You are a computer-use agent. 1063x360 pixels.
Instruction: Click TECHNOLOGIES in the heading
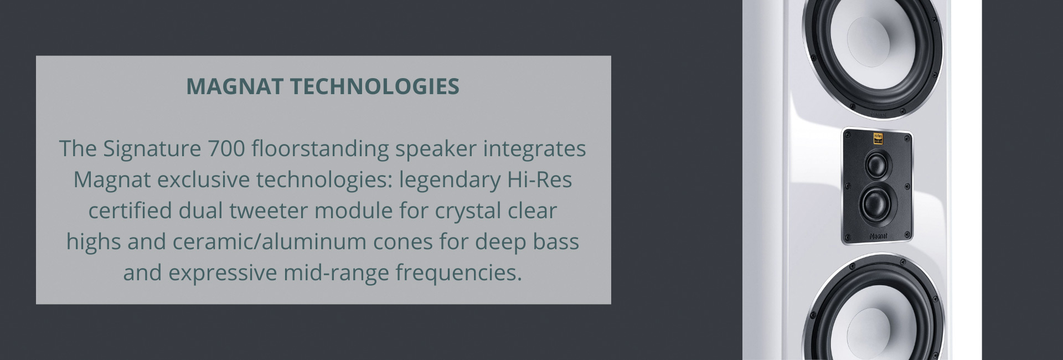click(375, 86)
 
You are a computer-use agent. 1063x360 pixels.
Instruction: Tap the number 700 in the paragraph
click(226, 148)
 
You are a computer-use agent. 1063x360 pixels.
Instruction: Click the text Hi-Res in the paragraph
click(540, 179)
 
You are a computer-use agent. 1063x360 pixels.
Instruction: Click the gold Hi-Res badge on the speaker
click(878, 138)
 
